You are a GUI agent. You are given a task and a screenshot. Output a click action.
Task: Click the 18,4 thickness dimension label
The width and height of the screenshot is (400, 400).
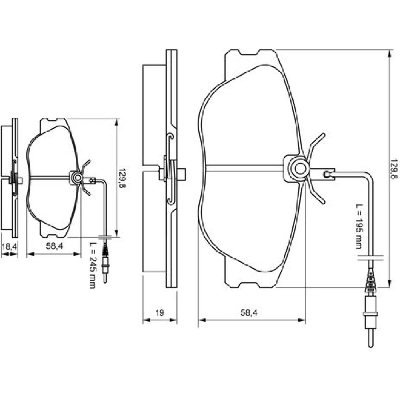(x=9, y=247)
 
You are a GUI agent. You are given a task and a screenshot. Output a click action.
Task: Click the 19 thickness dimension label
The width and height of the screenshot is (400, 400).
(x=160, y=312)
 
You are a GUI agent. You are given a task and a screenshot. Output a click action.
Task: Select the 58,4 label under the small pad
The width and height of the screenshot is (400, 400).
(x=54, y=246)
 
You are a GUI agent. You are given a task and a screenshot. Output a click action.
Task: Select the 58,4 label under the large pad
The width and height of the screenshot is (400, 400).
(x=249, y=312)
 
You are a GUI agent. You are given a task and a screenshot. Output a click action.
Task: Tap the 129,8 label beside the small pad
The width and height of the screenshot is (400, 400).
(x=123, y=178)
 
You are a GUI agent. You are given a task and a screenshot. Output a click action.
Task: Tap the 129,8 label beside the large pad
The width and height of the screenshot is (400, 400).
(x=394, y=169)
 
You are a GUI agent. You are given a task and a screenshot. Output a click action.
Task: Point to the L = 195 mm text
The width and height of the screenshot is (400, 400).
(x=359, y=226)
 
